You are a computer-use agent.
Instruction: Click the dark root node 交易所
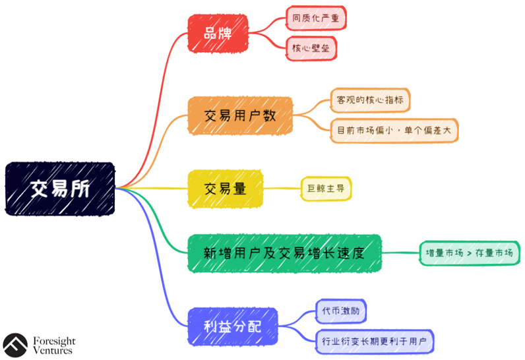60,189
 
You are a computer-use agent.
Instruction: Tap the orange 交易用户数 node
240,116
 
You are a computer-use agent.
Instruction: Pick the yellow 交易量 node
225,189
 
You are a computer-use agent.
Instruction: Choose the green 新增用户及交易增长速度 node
284,253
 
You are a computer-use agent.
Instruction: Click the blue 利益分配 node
232,326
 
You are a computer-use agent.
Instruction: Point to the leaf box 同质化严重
316,18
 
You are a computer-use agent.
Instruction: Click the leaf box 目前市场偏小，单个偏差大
394,131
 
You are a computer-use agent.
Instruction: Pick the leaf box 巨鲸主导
326,189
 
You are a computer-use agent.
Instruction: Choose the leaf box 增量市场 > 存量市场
469,253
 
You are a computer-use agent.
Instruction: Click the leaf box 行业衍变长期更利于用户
374,342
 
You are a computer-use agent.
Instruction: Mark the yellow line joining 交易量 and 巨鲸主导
282,189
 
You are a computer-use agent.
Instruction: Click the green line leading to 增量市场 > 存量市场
400,253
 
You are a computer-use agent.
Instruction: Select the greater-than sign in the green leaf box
469,253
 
